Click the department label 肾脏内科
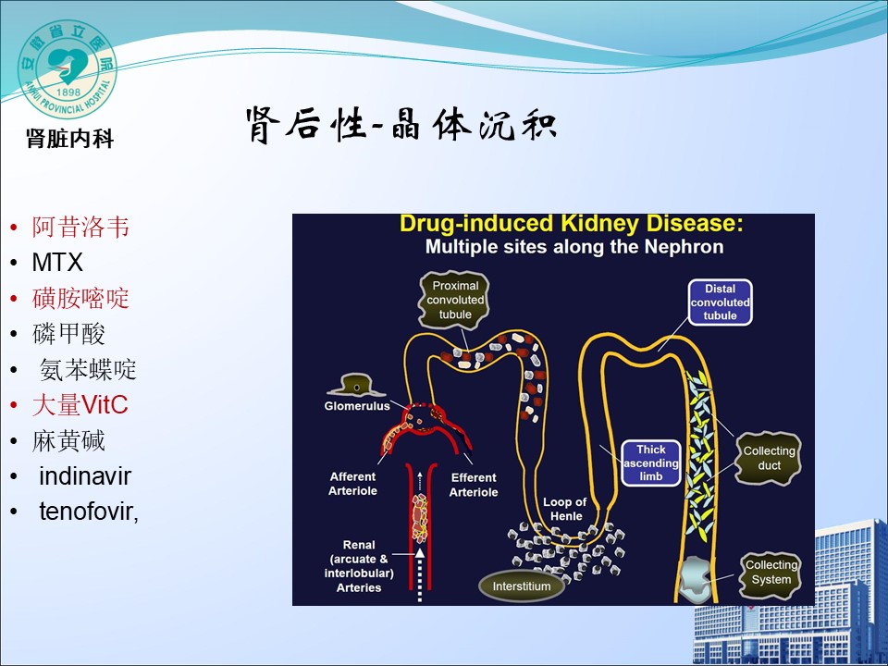tap(70, 140)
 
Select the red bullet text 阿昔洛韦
tap(80, 228)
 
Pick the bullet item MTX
tap(57, 263)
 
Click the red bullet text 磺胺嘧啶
tap(80, 298)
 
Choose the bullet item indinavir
tap(85, 476)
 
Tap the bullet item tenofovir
tap(88, 512)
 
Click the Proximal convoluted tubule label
tap(454, 300)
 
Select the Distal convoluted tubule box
tap(721, 302)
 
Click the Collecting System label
tap(771, 573)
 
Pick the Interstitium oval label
tap(522, 586)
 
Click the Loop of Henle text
tap(565, 509)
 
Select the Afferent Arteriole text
tap(353, 484)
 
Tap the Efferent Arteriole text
tap(474, 485)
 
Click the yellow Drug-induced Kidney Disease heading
tap(571, 225)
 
